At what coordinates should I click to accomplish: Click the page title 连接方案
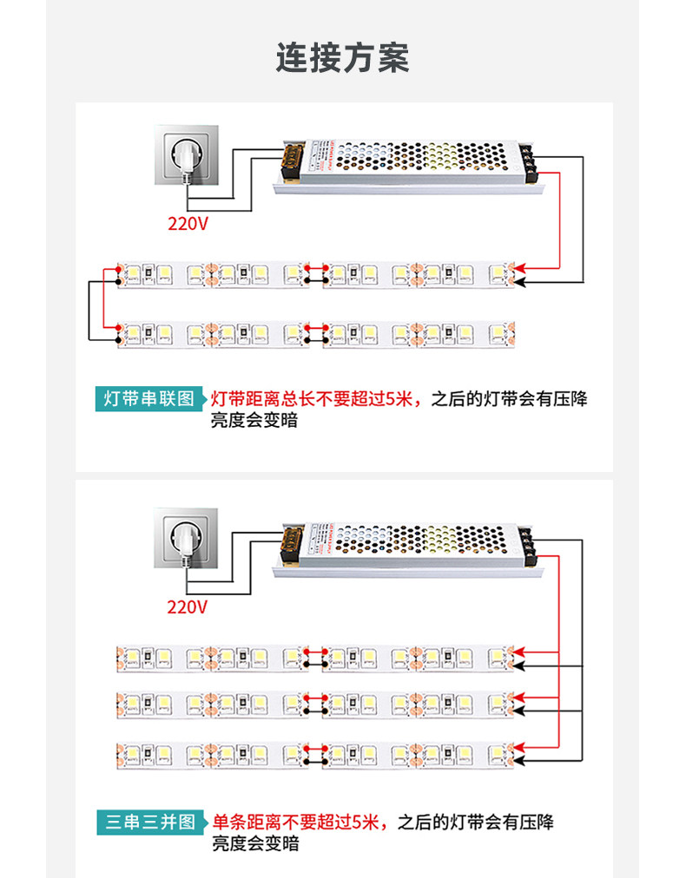coord(342,58)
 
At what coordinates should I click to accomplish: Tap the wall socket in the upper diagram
coord(186,156)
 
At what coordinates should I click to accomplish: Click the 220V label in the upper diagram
coord(188,224)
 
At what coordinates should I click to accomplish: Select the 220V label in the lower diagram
coord(188,606)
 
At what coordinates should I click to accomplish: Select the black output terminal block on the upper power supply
coord(529,161)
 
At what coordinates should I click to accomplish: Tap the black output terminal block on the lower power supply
coord(529,544)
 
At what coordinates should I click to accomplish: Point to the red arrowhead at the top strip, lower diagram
coord(518,652)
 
